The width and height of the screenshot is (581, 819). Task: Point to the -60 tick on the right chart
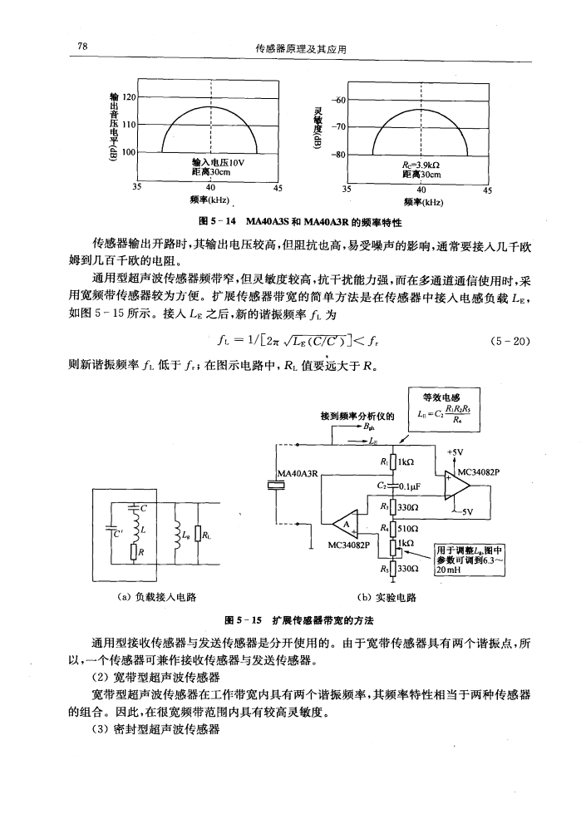click(x=340, y=99)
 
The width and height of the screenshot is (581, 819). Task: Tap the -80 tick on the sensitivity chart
click(x=340, y=154)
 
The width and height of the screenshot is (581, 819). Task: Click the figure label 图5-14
click(x=212, y=223)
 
